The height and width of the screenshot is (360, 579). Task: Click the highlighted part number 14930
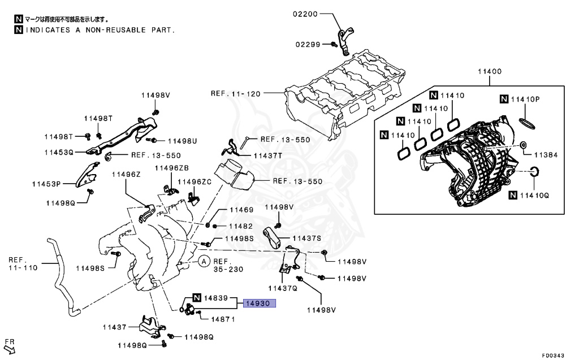click(x=259, y=303)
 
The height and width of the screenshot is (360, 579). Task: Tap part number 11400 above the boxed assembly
click(x=490, y=72)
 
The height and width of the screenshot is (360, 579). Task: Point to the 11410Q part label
click(x=534, y=196)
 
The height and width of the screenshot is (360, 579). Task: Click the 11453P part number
click(x=46, y=183)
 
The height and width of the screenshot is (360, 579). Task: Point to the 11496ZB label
click(x=172, y=168)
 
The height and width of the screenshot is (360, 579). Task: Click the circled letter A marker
click(x=204, y=261)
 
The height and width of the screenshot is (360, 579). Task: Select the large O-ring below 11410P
click(x=526, y=123)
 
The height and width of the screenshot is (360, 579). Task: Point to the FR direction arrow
click(x=9, y=346)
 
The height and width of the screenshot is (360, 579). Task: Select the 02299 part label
click(x=306, y=44)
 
